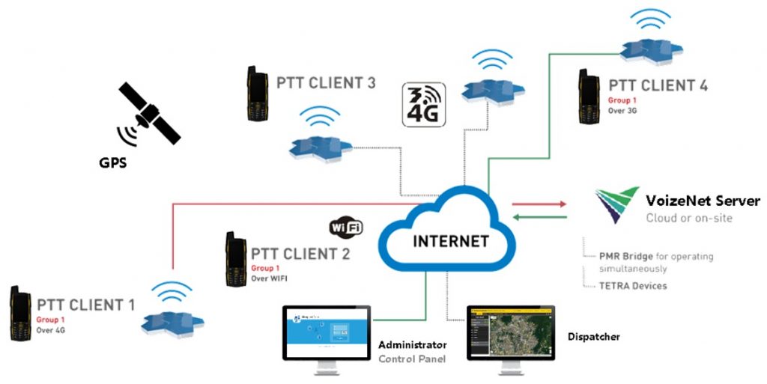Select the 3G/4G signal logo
(x=424, y=104)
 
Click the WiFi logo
(x=346, y=227)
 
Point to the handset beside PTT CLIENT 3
(x=257, y=94)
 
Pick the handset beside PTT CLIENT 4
(x=588, y=97)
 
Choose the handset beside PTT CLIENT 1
(x=19, y=312)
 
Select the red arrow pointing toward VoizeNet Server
(x=539, y=203)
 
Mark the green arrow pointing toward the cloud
(x=539, y=217)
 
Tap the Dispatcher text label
(x=593, y=337)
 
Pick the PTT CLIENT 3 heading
(x=326, y=82)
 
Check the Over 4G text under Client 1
(x=52, y=330)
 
